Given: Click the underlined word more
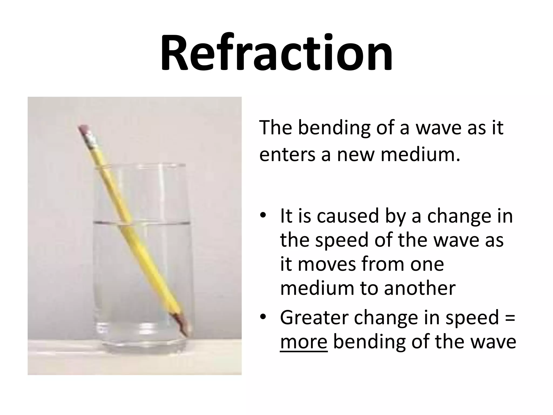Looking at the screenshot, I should (304, 342).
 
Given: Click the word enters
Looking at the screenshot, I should (287, 155).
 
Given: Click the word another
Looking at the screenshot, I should (420, 288).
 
